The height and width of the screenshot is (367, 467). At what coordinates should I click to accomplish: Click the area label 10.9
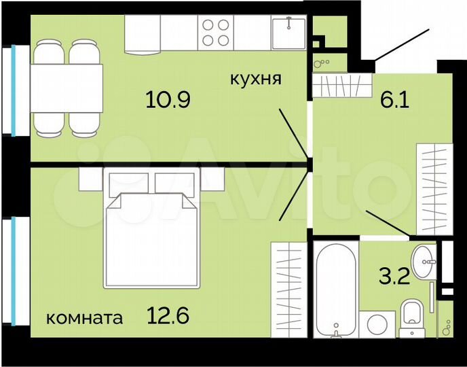click(x=167, y=100)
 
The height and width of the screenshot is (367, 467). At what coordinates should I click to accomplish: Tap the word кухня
click(x=255, y=79)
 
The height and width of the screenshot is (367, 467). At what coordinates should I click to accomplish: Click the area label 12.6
click(x=167, y=316)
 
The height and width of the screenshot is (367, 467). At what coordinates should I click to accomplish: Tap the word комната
click(x=85, y=317)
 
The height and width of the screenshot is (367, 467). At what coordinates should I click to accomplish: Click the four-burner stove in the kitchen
click(x=217, y=32)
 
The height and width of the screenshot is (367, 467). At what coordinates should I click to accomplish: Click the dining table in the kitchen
click(x=66, y=87)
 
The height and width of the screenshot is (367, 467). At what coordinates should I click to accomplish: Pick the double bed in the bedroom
click(x=151, y=231)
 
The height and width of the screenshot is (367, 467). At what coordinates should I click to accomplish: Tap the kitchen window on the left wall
click(x=14, y=91)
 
